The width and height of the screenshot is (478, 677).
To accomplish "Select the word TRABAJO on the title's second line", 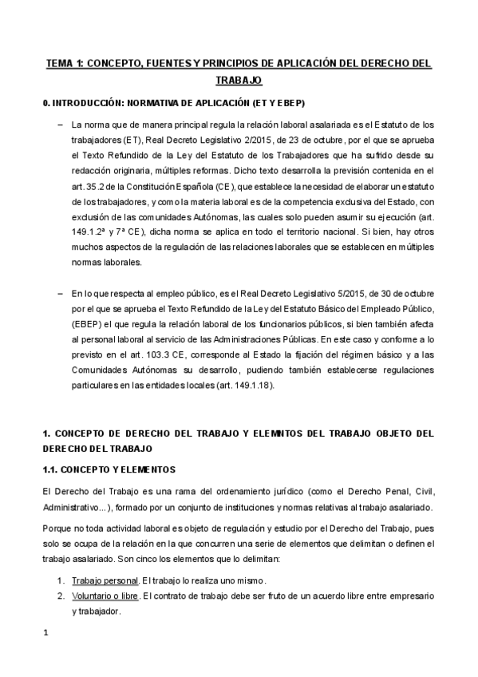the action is [239, 81].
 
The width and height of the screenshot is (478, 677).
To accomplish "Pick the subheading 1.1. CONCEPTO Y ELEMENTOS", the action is [109, 469].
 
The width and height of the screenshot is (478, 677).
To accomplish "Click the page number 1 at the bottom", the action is [45, 633].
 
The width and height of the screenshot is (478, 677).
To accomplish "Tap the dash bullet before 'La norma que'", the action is [61, 125].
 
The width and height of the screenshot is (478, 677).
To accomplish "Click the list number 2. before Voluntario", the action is [61, 596].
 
